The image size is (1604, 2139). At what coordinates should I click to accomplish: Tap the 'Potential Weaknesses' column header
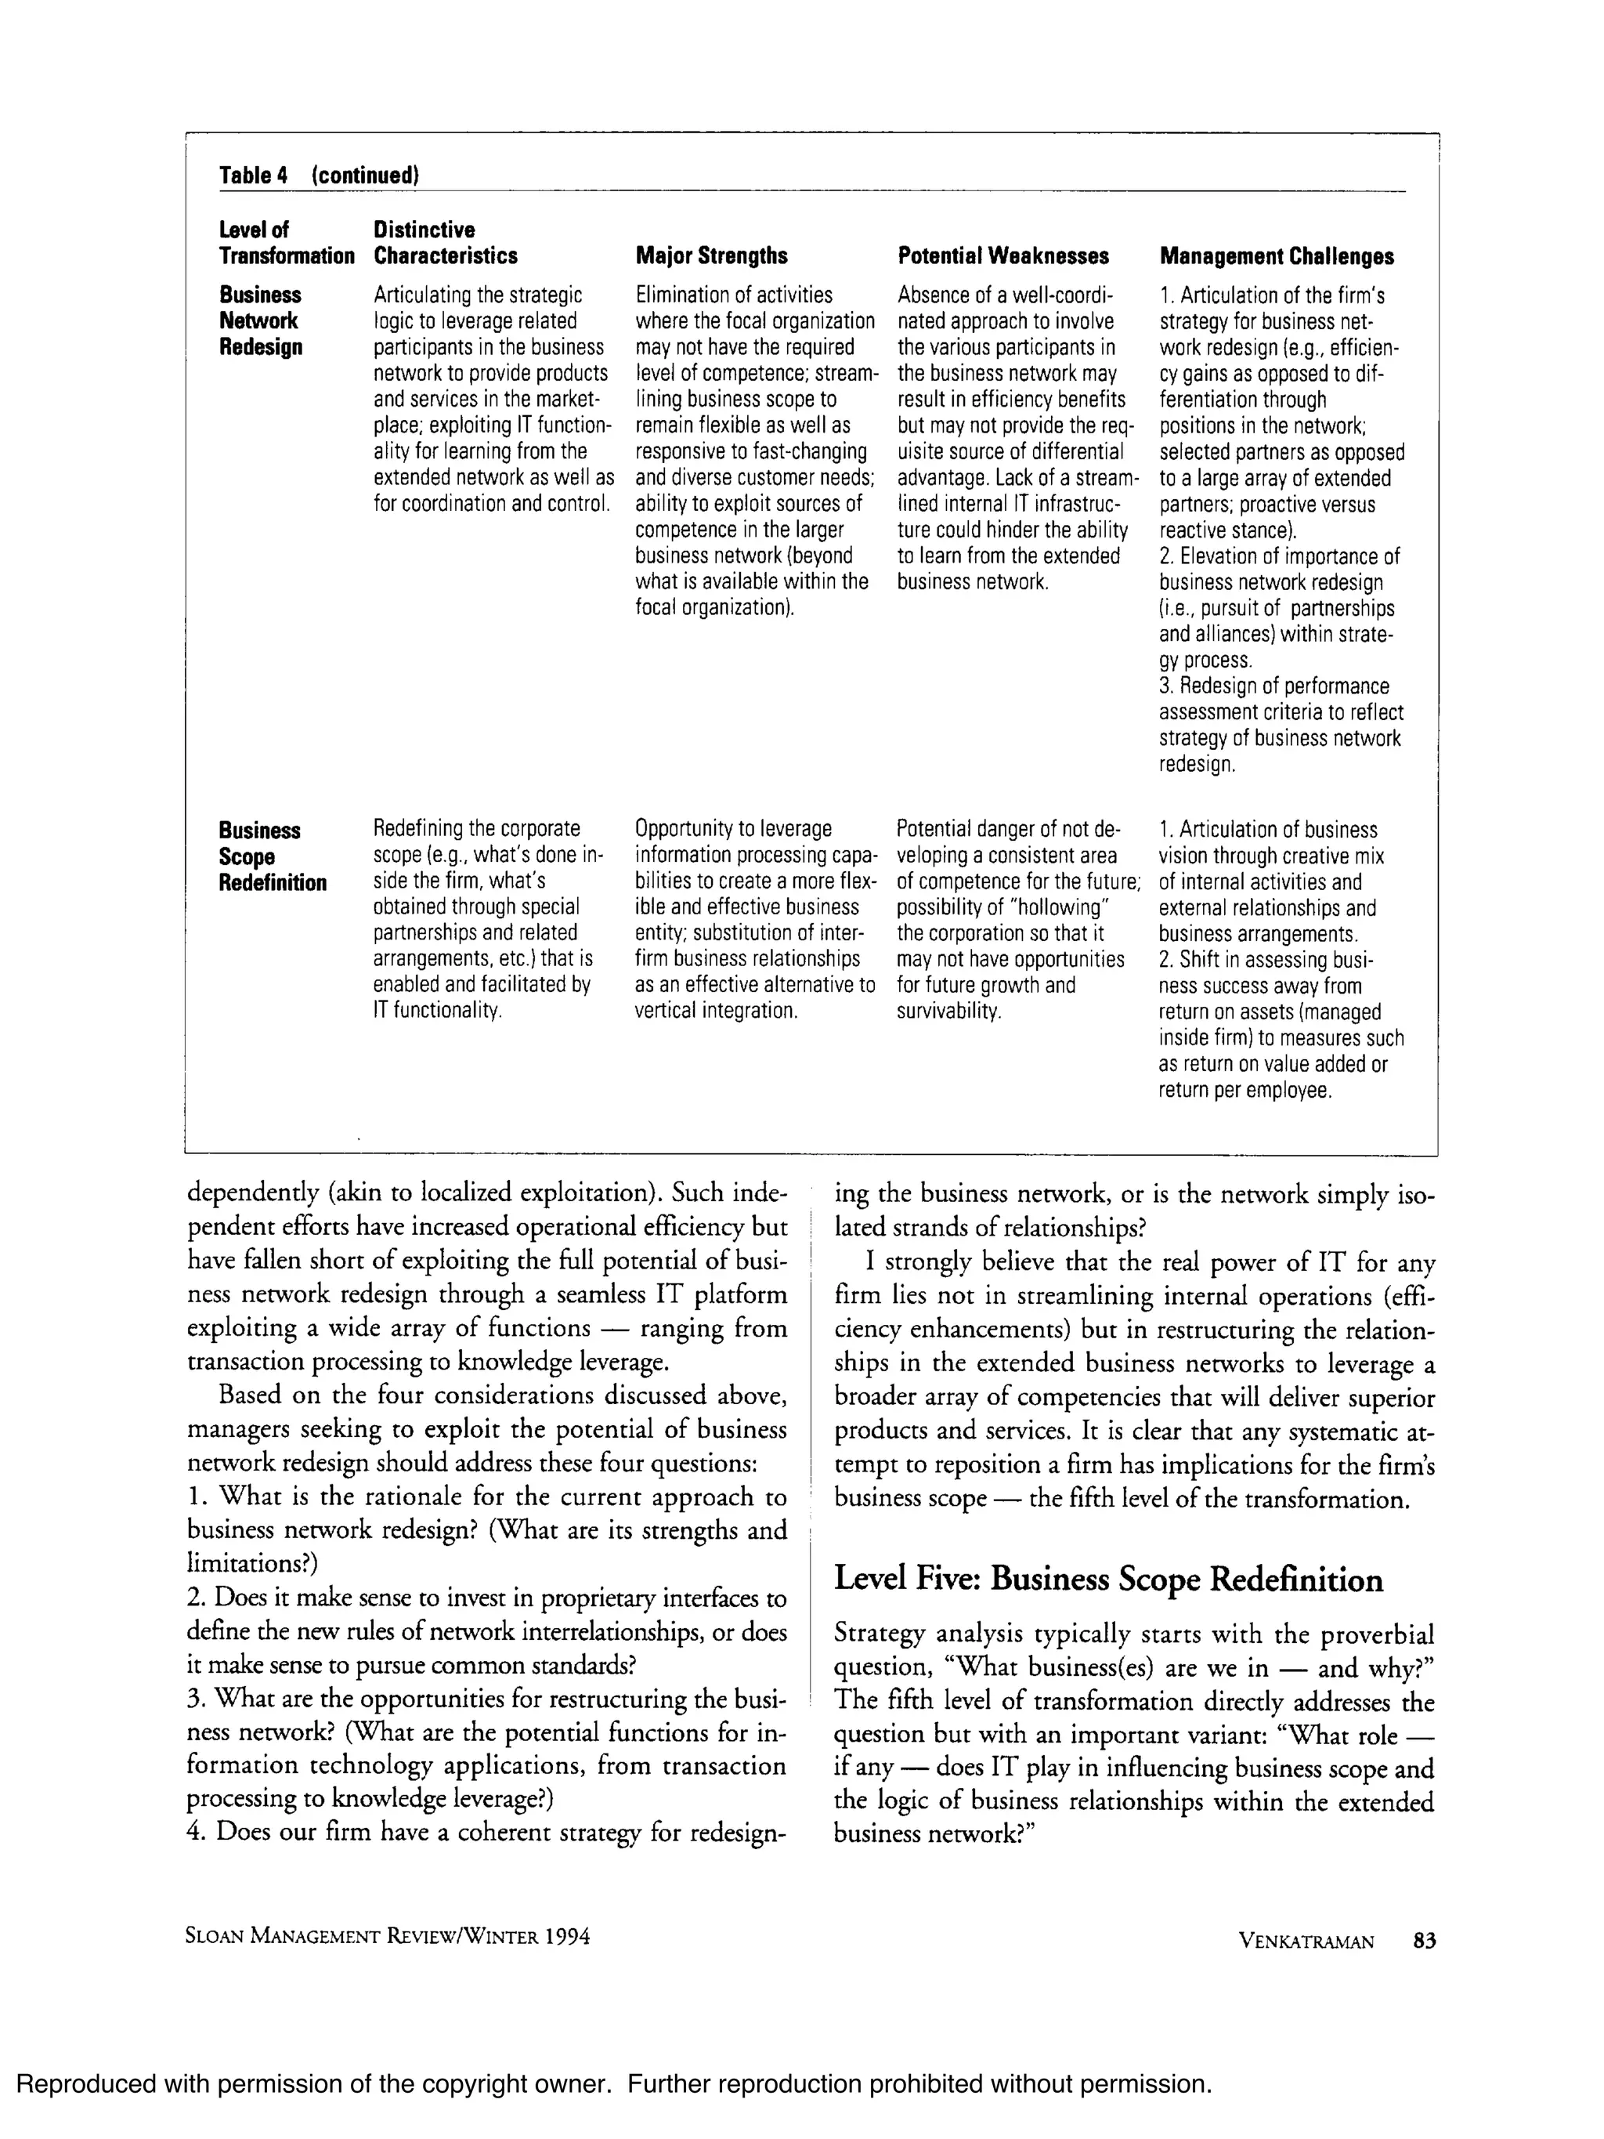[x=1002, y=256]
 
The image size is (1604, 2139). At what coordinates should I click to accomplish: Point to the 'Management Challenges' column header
[x=1277, y=256]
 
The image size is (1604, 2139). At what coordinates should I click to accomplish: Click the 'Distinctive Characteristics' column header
[x=445, y=243]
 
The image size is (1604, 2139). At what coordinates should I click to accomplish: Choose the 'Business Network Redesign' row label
[x=260, y=321]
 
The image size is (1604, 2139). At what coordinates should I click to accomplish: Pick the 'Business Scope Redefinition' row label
[x=272, y=856]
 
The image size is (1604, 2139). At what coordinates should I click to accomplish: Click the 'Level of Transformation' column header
[x=286, y=243]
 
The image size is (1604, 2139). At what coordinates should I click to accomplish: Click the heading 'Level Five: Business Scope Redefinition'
[x=1108, y=1579]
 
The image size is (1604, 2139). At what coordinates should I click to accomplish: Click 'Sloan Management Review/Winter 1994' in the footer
[x=387, y=1936]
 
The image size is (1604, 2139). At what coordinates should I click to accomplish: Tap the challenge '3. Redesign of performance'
[x=1273, y=686]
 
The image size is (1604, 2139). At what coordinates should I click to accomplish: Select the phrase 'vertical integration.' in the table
[x=716, y=1012]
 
